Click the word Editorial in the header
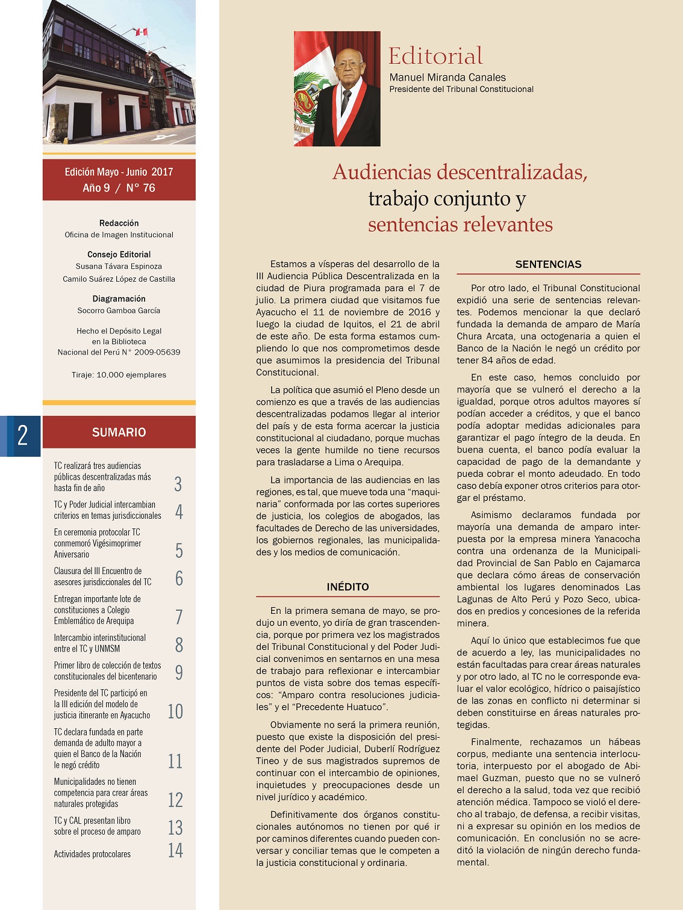(x=435, y=56)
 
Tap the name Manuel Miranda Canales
(x=448, y=77)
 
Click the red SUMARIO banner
(x=119, y=432)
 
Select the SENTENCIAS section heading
(x=548, y=264)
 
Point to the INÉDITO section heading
(x=348, y=587)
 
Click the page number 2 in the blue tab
(x=22, y=435)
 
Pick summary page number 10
(x=175, y=711)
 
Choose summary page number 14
(x=175, y=850)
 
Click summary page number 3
(x=178, y=484)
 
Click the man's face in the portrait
(x=348, y=65)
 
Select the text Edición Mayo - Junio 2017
(x=119, y=172)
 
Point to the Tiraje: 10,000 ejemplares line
(x=119, y=375)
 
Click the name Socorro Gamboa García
(x=119, y=311)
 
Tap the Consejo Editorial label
(x=119, y=255)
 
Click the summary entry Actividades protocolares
(x=92, y=854)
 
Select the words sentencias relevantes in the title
(x=460, y=224)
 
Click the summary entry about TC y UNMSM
(x=99, y=643)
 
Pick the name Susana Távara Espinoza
(x=119, y=266)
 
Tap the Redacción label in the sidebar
(x=119, y=223)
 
